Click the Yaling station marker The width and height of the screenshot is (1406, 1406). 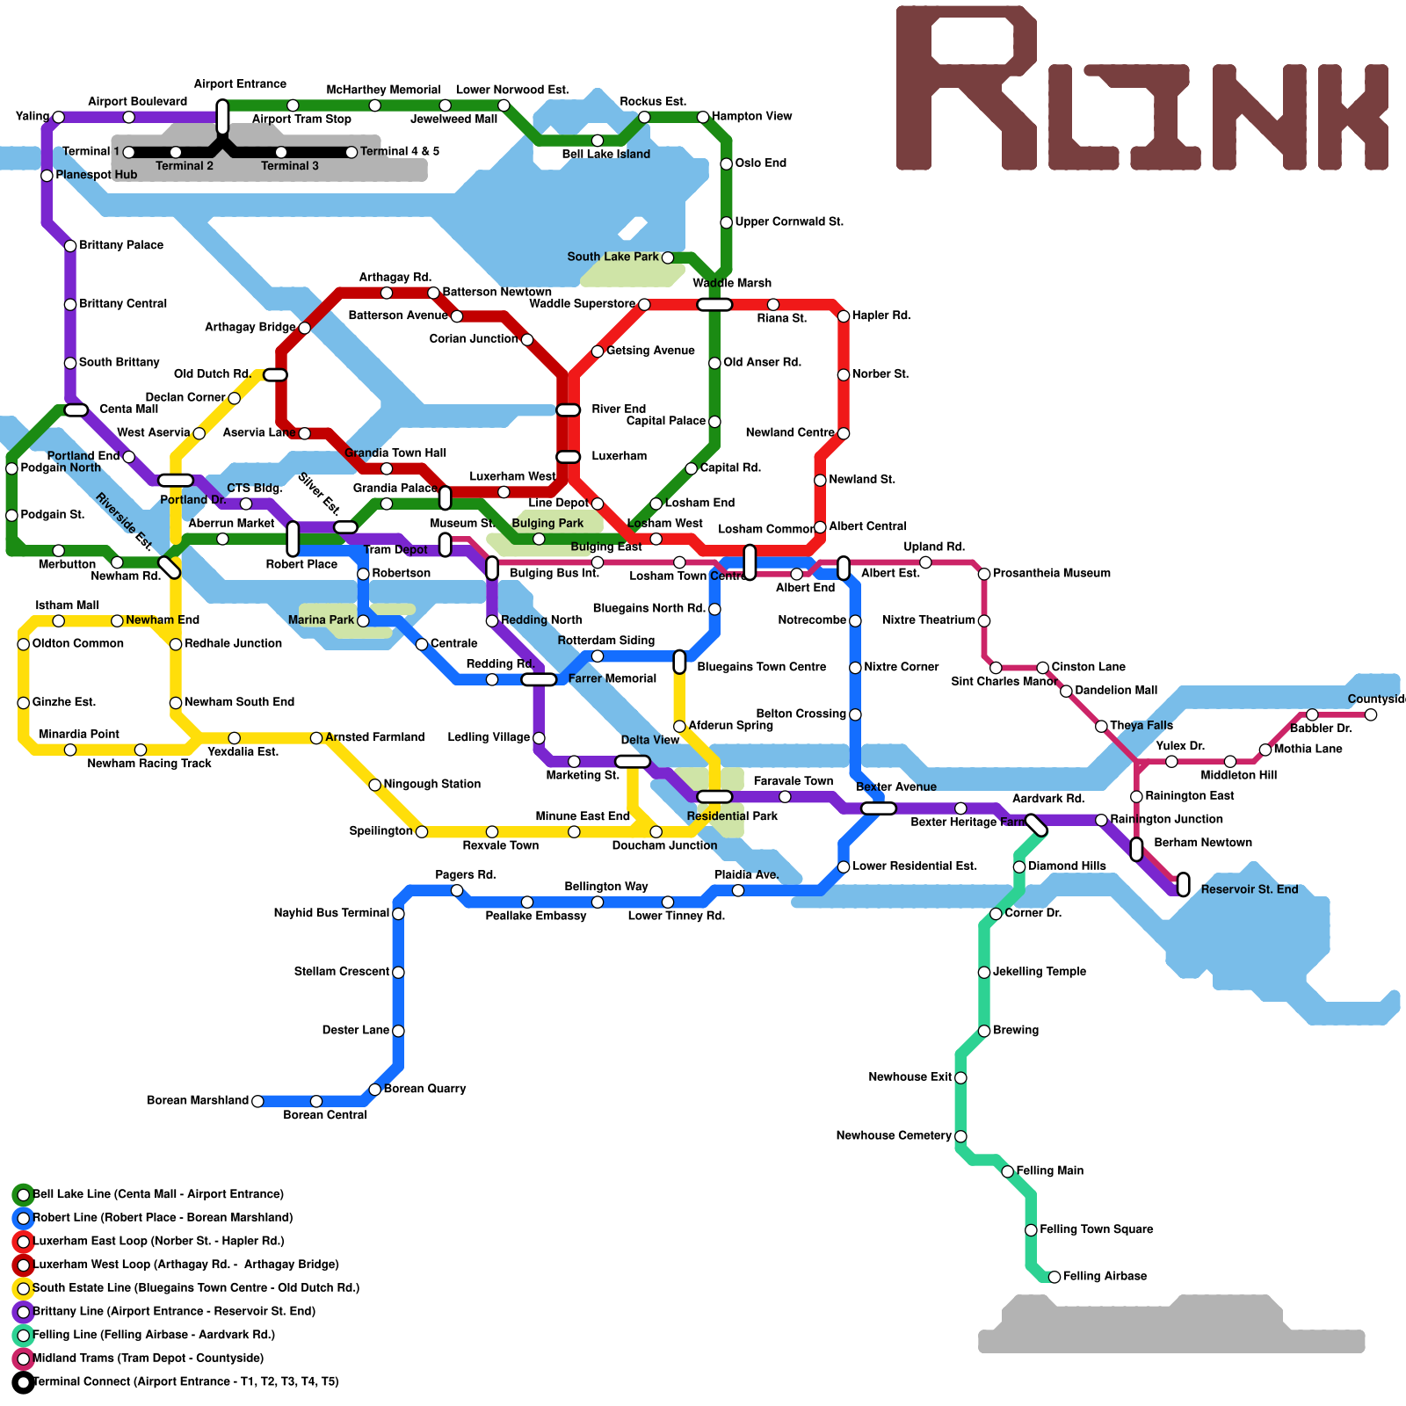pos(58,117)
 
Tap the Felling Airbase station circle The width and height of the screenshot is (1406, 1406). pos(1054,1277)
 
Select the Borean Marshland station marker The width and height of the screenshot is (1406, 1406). pos(257,1101)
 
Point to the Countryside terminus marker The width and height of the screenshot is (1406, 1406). pos(1371,714)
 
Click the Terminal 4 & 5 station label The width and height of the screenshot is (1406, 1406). pos(400,151)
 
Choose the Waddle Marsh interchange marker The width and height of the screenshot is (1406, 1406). pos(714,305)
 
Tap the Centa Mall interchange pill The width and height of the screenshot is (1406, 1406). pos(76,410)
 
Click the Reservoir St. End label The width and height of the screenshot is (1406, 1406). pos(1249,889)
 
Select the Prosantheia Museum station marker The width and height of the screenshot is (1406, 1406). pos(984,574)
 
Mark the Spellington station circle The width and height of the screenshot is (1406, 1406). pos(422,831)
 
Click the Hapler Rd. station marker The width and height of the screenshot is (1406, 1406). pos(844,316)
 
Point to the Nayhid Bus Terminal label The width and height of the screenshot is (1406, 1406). pos(331,913)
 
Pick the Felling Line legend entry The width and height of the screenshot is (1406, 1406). pos(153,1335)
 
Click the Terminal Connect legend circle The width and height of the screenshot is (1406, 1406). pos(24,1382)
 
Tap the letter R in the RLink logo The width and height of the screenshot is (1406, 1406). pos(967,88)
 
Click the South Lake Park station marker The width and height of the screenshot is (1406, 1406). pos(668,257)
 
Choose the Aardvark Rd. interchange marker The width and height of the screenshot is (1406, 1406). pos(1037,825)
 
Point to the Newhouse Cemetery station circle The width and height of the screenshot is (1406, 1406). pos(960,1136)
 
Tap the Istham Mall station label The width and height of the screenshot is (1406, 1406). pos(67,605)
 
